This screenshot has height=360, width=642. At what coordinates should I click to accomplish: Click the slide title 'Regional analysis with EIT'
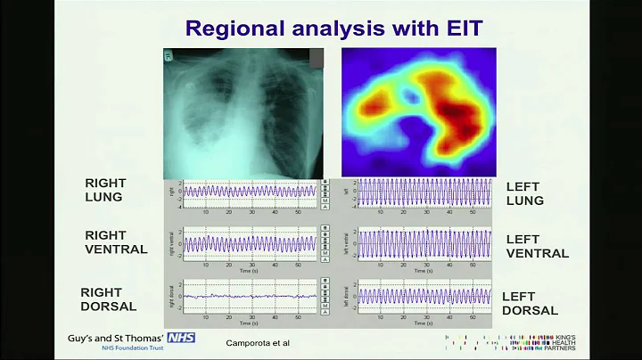pos(333,28)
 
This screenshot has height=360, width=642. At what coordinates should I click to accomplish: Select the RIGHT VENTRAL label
pos(116,242)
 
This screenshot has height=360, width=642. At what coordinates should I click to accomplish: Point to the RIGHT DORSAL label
pos(108,299)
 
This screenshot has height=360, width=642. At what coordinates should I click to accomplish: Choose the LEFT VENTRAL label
pos(537,246)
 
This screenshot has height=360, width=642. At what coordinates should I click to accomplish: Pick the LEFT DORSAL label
pos(530,303)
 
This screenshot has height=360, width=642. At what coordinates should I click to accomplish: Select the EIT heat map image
pos(418,110)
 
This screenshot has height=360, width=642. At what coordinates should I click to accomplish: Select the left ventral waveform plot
pos(423,243)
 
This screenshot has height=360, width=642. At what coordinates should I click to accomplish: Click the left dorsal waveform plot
pos(423,296)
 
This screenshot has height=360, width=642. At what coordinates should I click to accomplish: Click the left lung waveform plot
pos(423,191)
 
